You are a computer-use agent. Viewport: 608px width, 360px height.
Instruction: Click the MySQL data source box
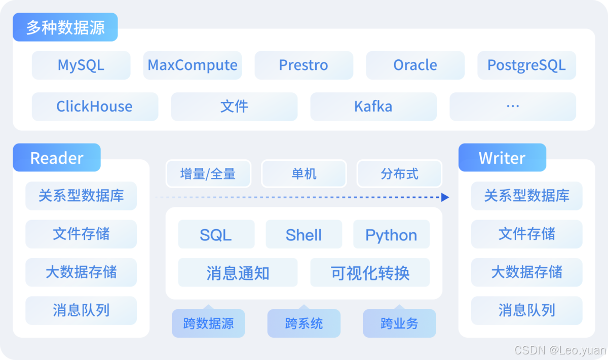pyautogui.click(x=81, y=65)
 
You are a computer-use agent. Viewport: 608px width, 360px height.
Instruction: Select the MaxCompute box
pyautogui.click(x=193, y=65)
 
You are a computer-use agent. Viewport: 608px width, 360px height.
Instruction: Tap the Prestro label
pyautogui.click(x=303, y=65)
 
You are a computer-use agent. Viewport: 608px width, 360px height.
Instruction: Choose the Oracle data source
pyautogui.click(x=415, y=65)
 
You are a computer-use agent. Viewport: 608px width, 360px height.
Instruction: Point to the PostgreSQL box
pyautogui.click(x=526, y=65)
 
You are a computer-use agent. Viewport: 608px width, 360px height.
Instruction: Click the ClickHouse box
pyautogui.click(x=95, y=106)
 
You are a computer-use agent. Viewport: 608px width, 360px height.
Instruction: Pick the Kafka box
pyautogui.click(x=373, y=106)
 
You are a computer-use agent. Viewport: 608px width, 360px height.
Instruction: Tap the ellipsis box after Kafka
pyautogui.click(x=513, y=106)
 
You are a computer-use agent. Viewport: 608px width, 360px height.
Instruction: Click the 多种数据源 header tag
pyautogui.click(x=65, y=27)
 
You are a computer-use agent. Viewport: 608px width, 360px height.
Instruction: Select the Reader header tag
pyautogui.click(x=57, y=158)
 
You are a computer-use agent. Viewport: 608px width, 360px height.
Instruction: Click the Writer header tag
pyautogui.click(x=502, y=158)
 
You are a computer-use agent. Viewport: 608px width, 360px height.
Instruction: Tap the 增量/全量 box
pyautogui.click(x=208, y=174)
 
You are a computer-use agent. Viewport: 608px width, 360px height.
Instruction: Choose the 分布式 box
pyautogui.click(x=399, y=174)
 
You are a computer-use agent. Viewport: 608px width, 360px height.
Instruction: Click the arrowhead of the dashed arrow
pyautogui.click(x=445, y=197)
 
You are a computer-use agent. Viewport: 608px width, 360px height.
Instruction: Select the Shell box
pyautogui.click(x=303, y=235)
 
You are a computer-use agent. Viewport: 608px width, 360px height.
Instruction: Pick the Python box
pyautogui.click(x=391, y=235)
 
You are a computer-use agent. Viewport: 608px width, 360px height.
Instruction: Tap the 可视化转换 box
pyautogui.click(x=370, y=273)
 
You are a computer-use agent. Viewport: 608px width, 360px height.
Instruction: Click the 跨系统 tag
pyautogui.click(x=304, y=323)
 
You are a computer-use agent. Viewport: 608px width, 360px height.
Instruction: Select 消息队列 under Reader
pyautogui.click(x=81, y=310)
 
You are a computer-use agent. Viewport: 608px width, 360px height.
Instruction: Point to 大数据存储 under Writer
pyautogui.click(x=526, y=272)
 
